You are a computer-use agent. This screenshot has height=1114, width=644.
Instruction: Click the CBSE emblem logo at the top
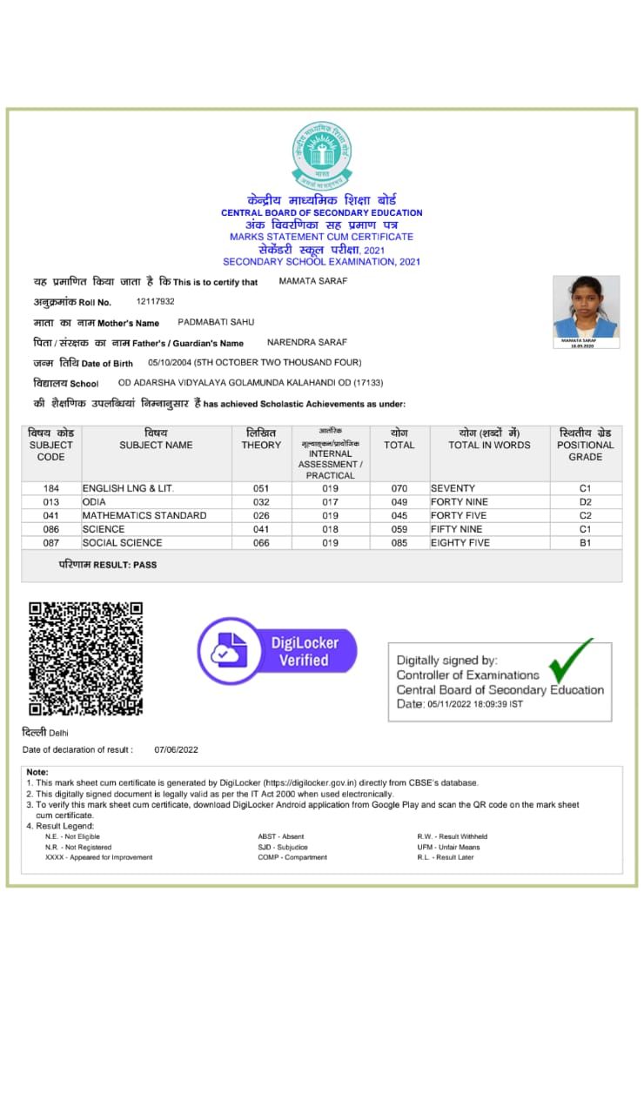322,156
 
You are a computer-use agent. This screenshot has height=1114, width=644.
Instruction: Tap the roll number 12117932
156,301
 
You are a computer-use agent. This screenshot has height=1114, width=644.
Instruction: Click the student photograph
586,308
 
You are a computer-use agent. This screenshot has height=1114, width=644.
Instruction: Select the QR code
85,658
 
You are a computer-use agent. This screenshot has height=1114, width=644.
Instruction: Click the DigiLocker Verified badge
278,651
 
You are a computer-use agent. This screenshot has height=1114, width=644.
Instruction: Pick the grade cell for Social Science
585,542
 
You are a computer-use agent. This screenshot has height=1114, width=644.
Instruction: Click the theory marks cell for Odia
261,502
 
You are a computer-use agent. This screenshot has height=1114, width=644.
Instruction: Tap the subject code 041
50,515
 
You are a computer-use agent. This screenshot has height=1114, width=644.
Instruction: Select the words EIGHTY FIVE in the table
460,542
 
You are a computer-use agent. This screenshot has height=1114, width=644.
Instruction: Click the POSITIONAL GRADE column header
585,445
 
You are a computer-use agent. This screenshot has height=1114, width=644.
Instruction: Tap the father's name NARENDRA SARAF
306,342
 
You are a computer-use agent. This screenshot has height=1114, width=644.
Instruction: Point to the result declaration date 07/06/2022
177,749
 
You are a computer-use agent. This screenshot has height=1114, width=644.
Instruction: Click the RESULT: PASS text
108,565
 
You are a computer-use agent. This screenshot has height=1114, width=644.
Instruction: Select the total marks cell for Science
399,529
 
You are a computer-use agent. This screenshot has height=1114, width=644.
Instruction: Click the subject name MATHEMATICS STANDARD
144,515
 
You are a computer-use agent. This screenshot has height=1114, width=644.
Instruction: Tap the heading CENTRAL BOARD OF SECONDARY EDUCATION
322,212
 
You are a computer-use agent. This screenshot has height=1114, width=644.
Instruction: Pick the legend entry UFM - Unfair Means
448,847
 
